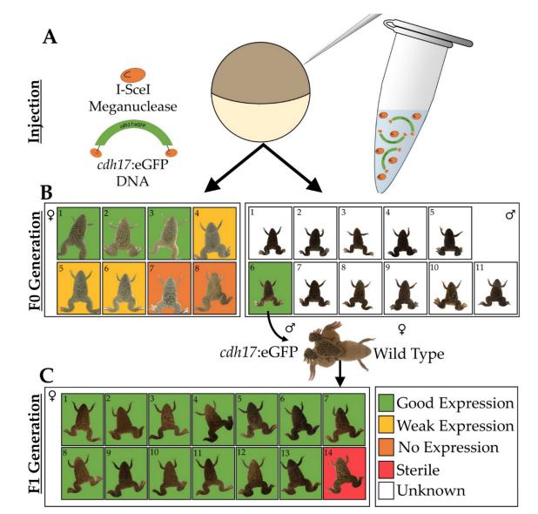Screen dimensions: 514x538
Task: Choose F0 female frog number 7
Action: click(171, 287)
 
